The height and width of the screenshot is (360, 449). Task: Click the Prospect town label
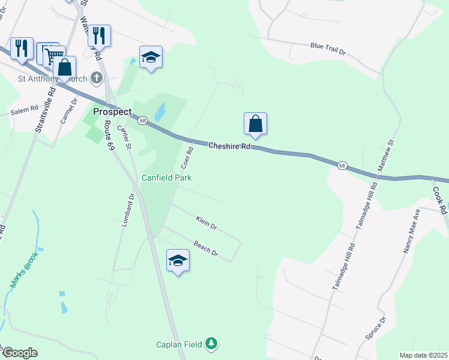pyautogui.click(x=112, y=112)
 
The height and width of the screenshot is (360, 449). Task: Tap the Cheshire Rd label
pyautogui.click(x=229, y=146)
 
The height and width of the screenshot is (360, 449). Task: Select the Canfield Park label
pyautogui.click(x=166, y=178)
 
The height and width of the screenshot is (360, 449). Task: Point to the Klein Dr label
pyautogui.click(x=206, y=224)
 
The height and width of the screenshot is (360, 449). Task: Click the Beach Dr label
pyautogui.click(x=205, y=247)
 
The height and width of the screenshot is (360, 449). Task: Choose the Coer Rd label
pyautogui.click(x=186, y=157)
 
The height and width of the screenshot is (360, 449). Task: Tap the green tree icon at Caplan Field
pyautogui.click(x=211, y=344)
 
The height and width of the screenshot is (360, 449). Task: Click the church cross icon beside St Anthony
pyautogui.click(x=95, y=78)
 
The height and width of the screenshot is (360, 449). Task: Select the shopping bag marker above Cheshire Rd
pyautogui.click(x=255, y=124)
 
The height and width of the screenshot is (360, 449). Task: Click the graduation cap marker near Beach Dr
pyautogui.click(x=178, y=260)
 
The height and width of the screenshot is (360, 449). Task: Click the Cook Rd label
pyautogui.click(x=440, y=200)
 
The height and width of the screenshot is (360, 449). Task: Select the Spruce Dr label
pyautogui.click(x=376, y=328)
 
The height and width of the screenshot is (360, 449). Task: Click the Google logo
pyautogui.click(x=19, y=353)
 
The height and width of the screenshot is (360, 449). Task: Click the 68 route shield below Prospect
pyautogui.click(x=142, y=121)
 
